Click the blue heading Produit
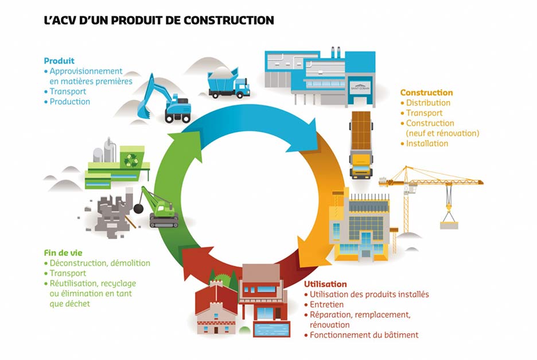click(x=59, y=61)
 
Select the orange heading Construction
click(x=426, y=92)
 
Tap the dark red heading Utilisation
click(x=325, y=284)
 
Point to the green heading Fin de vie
click(x=63, y=253)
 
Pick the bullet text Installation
click(x=427, y=144)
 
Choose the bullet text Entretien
click(x=326, y=304)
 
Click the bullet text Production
click(x=70, y=102)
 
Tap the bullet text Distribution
click(x=428, y=103)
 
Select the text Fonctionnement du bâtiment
click(x=364, y=335)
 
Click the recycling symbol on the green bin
click(x=131, y=160)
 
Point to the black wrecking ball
click(x=138, y=208)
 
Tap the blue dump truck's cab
click(x=242, y=88)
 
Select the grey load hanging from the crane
click(x=449, y=225)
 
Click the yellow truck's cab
click(x=361, y=165)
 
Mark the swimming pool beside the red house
click(x=271, y=329)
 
